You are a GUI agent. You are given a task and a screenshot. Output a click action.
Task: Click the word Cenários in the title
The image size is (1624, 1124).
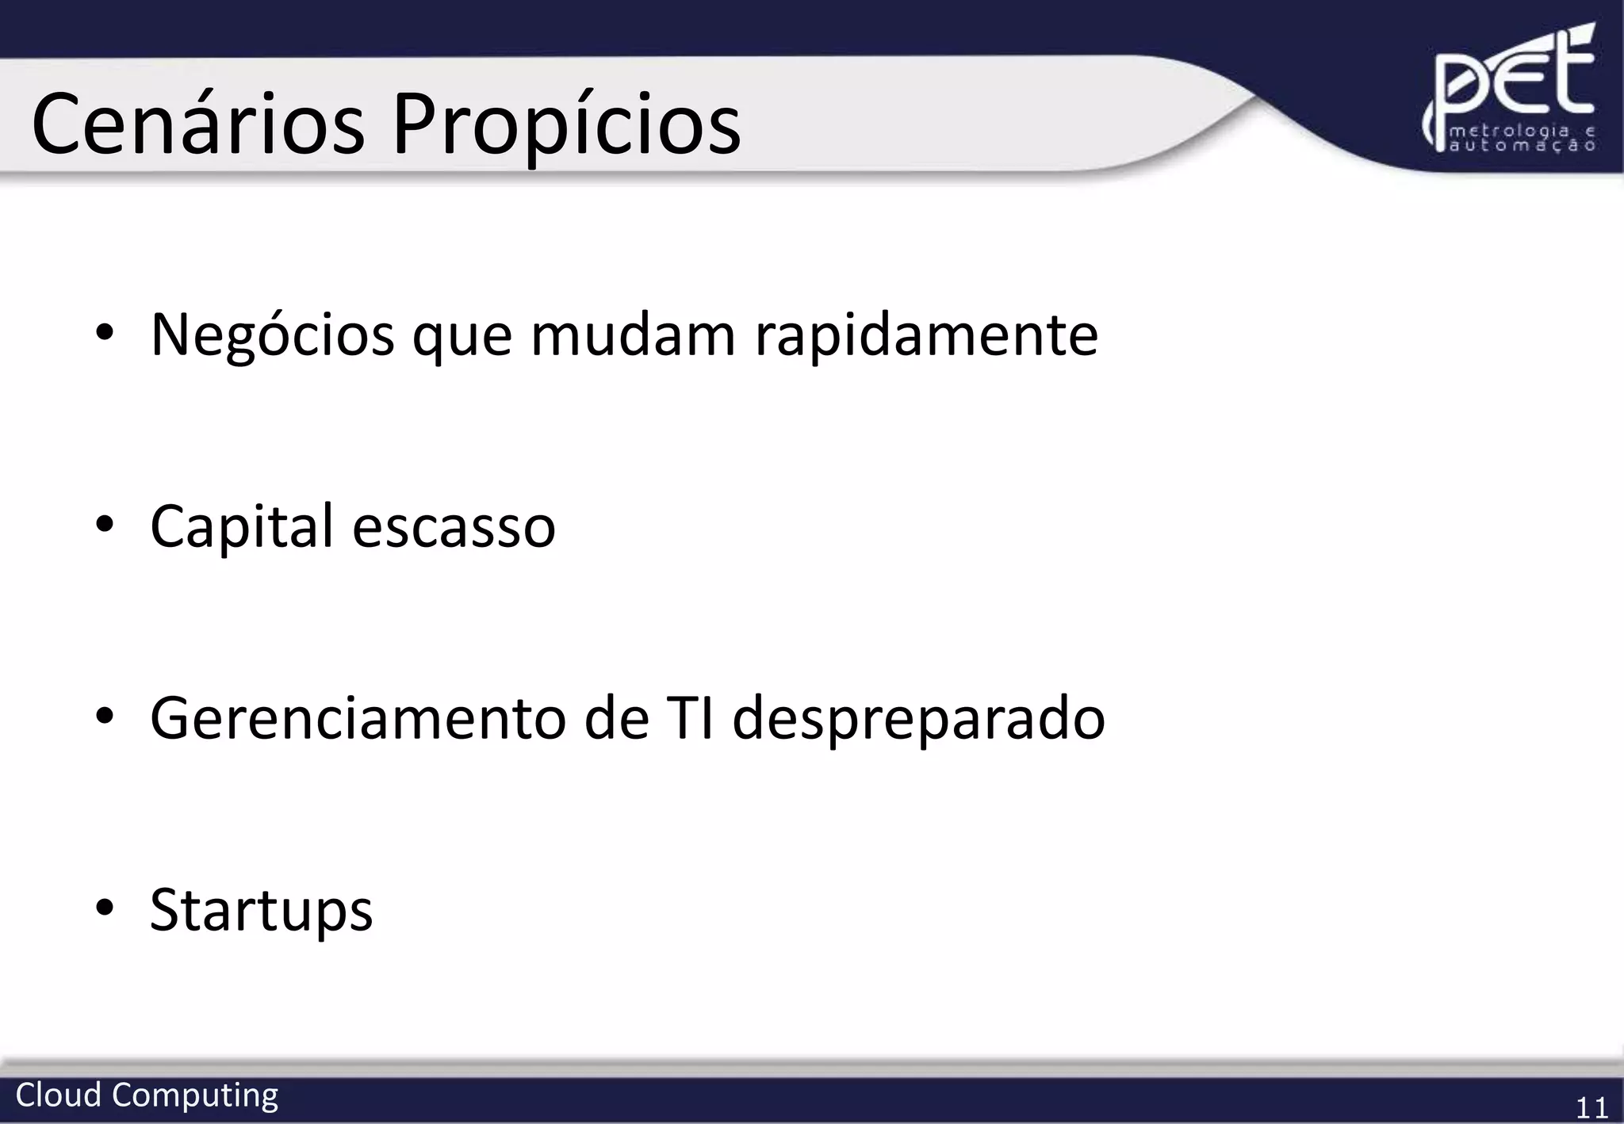198,125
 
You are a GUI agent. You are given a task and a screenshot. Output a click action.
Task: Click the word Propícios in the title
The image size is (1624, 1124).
566,125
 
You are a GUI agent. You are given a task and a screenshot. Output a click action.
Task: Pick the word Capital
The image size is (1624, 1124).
242,526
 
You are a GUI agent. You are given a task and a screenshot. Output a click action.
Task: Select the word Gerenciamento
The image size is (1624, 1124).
358,718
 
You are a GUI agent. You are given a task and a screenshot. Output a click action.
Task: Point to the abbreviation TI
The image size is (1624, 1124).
691,718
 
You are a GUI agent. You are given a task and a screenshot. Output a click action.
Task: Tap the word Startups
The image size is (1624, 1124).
261,910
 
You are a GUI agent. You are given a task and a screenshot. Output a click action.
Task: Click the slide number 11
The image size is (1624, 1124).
1591,1107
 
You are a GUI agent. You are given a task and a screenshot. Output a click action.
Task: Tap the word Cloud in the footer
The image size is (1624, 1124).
59,1095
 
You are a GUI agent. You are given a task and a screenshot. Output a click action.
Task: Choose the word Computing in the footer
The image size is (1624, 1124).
195,1096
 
